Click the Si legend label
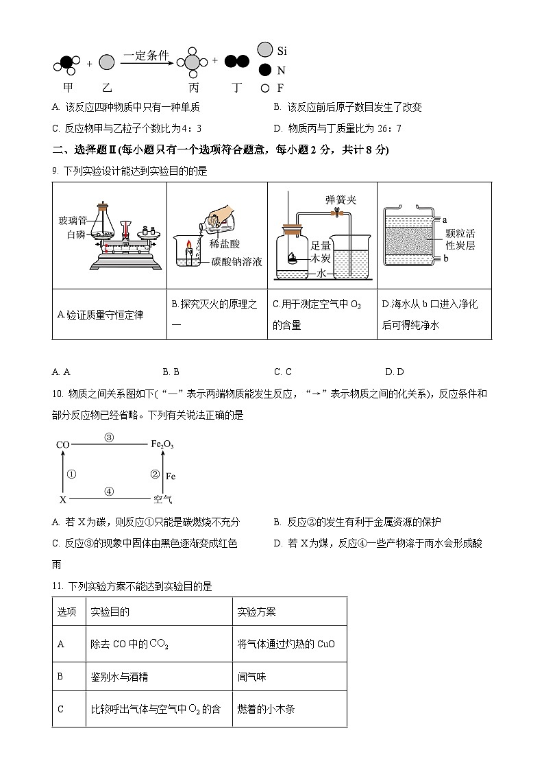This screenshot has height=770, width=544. (x=282, y=51)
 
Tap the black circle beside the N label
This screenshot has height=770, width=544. (x=264, y=70)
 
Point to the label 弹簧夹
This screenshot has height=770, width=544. (x=341, y=200)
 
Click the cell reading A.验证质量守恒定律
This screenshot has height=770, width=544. (x=101, y=315)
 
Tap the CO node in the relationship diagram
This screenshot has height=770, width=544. (x=62, y=445)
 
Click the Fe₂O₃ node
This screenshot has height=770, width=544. (x=162, y=445)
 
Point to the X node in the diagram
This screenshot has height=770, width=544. (x=62, y=500)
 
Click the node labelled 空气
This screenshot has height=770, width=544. (x=162, y=500)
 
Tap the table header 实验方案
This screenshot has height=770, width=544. (x=256, y=612)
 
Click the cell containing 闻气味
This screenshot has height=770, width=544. (x=252, y=677)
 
